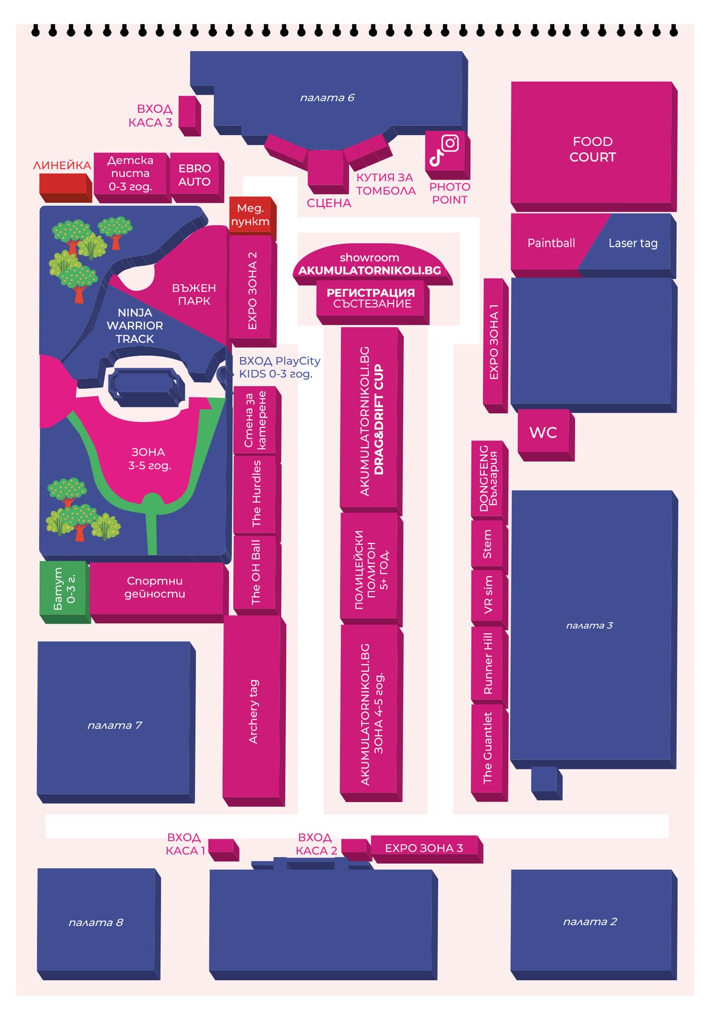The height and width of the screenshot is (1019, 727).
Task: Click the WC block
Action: (x=545, y=434)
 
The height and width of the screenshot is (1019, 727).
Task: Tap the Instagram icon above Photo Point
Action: (x=450, y=144)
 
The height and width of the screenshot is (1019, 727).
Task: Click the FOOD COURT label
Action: (x=592, y=149)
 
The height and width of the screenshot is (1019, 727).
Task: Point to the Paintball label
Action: (x=551, y=243)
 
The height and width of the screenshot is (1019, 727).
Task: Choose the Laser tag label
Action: (x=632, y=244)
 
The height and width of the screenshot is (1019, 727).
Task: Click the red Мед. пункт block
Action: (x=252, y=217)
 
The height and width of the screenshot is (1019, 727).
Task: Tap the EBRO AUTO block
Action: (x=196, y=178)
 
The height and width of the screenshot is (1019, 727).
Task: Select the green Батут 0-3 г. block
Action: (x=65, y=592)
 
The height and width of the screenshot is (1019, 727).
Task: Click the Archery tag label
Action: (x=253, y=712)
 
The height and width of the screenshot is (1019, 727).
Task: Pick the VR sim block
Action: (x=489, y=597)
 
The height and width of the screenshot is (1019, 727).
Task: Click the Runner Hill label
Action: (x=487, y=663)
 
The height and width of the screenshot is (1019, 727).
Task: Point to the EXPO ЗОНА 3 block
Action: (x=427, y=849)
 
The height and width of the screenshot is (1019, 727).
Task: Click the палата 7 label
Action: (x=115, y=725)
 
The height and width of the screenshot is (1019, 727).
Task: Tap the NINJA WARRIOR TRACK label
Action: (x=134, y=326)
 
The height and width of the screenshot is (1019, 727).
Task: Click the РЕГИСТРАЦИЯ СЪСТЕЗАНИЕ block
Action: (x=372, y=302)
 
